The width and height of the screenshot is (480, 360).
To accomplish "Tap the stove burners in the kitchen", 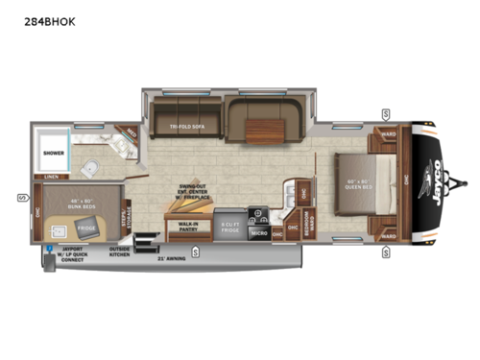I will click(x=257, y=214).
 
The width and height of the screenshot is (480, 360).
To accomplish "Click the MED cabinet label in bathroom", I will click(x=124, y=134).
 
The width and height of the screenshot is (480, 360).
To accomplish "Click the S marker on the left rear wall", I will click(x=20, y=199).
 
